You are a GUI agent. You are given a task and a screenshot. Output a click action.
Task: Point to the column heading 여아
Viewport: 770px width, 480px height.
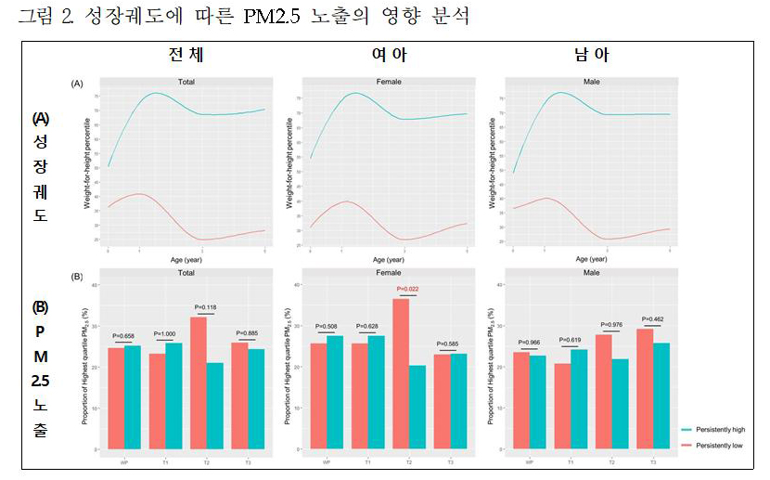(x=390, y=57)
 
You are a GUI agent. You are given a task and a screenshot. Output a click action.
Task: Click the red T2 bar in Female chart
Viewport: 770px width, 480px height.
(x=400, y=374)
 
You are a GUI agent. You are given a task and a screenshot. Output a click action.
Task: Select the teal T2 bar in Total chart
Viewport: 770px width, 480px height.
(x=214, y=406)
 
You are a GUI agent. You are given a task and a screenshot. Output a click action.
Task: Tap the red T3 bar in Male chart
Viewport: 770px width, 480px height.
(x=643, y=389)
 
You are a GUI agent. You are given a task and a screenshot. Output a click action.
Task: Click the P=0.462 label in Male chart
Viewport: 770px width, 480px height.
(x=652, y=320)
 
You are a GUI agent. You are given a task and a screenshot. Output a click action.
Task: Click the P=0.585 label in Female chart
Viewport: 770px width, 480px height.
(x=450, y=344)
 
